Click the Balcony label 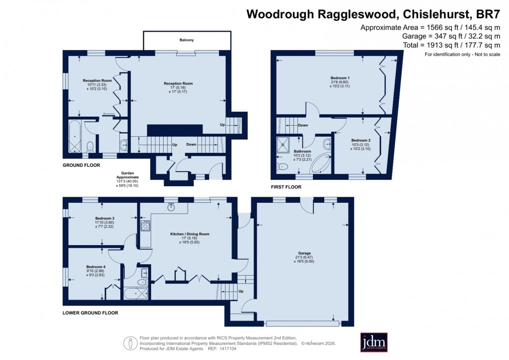pos(187,39)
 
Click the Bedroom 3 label pos(105,218)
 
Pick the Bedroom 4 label pos(95,267)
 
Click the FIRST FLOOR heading pos(286,187)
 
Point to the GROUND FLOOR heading pos(81,165)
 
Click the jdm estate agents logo pos(374,343)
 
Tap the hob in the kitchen pos(146,226)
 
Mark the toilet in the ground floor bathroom pos(90,146)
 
